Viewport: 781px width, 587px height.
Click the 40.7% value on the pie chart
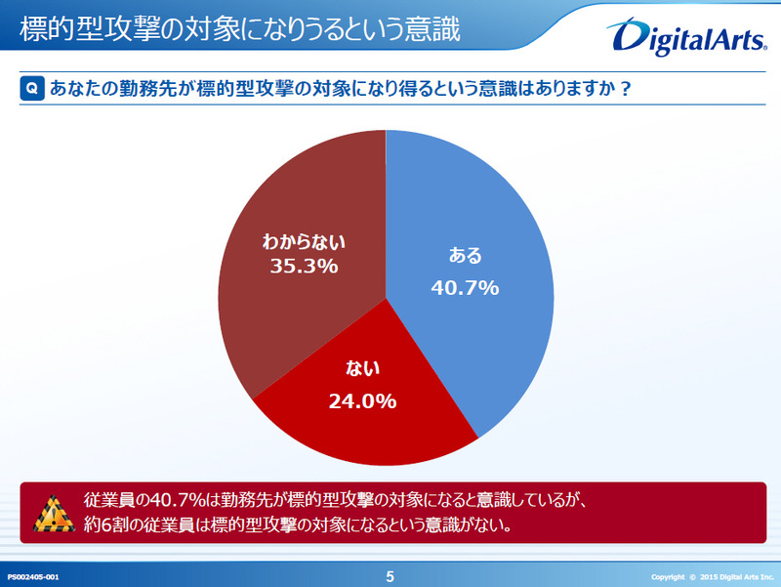coord(465,287)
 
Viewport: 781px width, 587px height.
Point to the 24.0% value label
coord(362,399)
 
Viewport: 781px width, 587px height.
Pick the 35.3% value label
coord(304,265)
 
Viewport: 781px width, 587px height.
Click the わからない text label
coord(305,240)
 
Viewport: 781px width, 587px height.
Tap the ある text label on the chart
coord(465,256)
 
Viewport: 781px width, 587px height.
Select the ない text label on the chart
coord(362,368)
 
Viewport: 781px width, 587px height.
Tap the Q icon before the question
coord(31,89)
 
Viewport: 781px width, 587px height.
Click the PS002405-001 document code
coord(34,577)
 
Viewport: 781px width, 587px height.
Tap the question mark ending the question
coord(624,89)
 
